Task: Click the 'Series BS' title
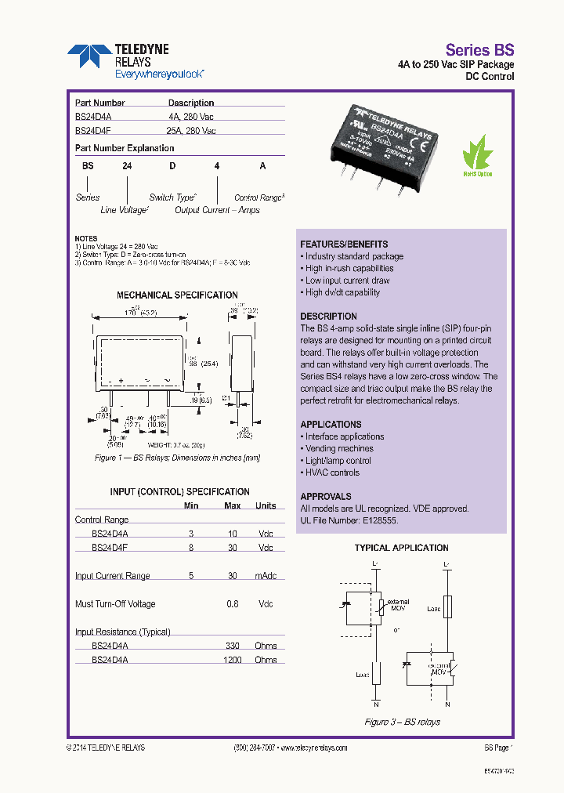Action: coord(479,49)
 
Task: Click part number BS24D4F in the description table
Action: coord(92,131)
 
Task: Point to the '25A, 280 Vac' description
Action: coord(192,131)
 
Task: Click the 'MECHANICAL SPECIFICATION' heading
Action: coord(177,295)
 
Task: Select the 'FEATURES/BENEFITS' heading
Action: coord(344,244)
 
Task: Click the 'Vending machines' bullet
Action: coord(338,449)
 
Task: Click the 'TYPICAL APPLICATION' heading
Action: coord(401,549)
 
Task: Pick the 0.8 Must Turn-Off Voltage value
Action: coord(233,604)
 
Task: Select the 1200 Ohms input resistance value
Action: coord(232,660)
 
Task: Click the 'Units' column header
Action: coord(266,505)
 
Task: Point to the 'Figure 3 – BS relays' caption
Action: coord(402,722)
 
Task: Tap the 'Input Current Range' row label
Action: coord(112,576)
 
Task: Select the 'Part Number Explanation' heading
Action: coord(125,148)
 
